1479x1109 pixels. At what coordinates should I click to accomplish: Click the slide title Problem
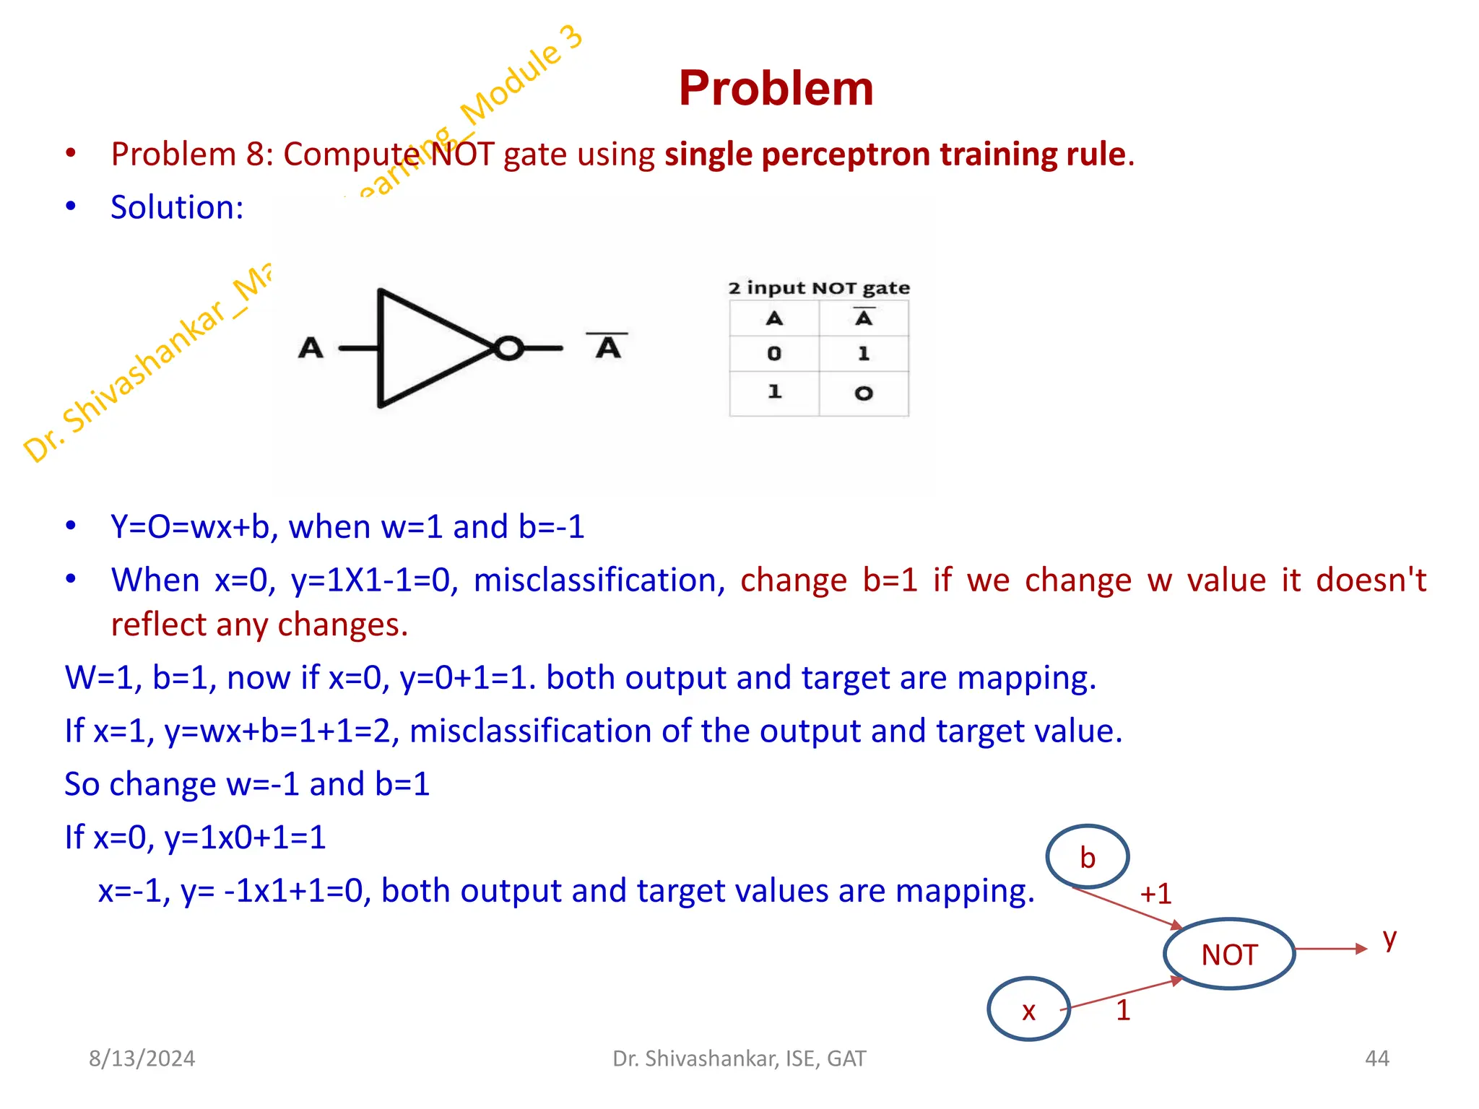[x=776, y=89]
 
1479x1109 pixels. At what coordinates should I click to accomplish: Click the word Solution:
[x=177, y=208]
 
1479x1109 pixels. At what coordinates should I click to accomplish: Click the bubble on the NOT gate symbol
[x=508, y=349]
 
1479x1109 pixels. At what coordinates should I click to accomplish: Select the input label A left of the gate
[x=311, y=349]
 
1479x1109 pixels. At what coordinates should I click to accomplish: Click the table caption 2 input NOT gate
[x=818, y=288]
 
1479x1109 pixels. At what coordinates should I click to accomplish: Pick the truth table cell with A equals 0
[x=774, y=354]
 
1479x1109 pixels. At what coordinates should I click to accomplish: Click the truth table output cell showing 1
[x=864, y=354]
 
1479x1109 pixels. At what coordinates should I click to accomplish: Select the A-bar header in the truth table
[x=864, y=318]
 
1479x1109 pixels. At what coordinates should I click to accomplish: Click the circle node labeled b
[x=1087, y=857]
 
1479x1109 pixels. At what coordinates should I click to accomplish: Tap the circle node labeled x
[x=1028, y=1009]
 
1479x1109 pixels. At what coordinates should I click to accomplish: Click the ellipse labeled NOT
[x=1229, y=954]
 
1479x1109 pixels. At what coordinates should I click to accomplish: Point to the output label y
[x=1389, y=939]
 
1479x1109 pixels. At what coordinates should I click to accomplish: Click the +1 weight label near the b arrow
[x=1155, y=894]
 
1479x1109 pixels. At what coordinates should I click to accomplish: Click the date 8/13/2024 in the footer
[x=142, y=1058]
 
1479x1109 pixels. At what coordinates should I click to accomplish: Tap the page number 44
[x=1376, y=1058]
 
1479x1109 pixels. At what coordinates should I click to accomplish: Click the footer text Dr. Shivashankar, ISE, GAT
[x=739, y=1058]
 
